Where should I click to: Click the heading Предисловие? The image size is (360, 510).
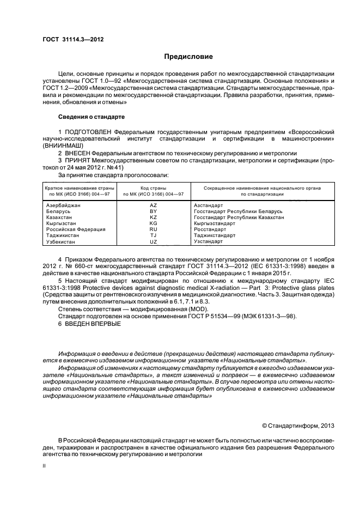[x=188, y=56]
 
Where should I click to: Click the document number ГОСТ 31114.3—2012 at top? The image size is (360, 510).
[x=72, y=39]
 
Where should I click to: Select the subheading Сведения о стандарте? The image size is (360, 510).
[x=91, y=117]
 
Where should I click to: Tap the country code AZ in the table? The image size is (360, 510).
[x=153, y=205]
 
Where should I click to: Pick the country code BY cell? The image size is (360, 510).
[x=153, y=211]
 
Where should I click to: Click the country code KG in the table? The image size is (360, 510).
[x=153, y=223]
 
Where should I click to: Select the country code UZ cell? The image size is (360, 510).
[x=153, y=241]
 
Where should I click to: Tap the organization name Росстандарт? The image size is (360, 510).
[x=209, y=229]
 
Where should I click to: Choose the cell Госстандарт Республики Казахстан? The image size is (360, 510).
[x=239, y=217]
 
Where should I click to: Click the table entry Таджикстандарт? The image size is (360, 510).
[x=215, y=235]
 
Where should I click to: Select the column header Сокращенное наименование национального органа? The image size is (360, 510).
[x=262, y=188]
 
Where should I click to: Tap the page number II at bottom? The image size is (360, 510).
[x=44, y=466]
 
